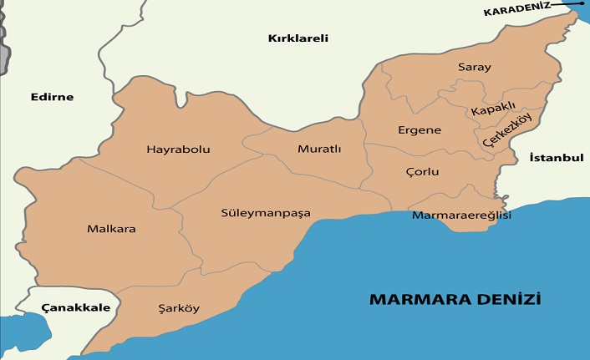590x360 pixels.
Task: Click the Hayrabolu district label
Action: tap(178, 150)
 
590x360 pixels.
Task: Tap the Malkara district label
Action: tap(111, 228)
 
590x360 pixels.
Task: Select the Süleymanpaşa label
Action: tap(266, 213)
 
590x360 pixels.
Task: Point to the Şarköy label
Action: tap(179, 308)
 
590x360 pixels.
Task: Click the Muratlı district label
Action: tap(319, 150)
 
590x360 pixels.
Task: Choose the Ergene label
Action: tap(420, 130)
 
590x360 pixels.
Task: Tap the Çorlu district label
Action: tap(422, 171)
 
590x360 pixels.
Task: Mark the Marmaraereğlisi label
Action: tap(462, 215)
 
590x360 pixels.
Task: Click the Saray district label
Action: tap(475, 67)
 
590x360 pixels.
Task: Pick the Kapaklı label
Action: tap(493, 110)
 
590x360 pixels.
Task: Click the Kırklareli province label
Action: tap(298, 38)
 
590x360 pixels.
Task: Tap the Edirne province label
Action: tap(52, 97)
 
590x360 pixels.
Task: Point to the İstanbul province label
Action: tap(556, 157)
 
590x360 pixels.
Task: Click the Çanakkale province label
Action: tap(76, 307)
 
